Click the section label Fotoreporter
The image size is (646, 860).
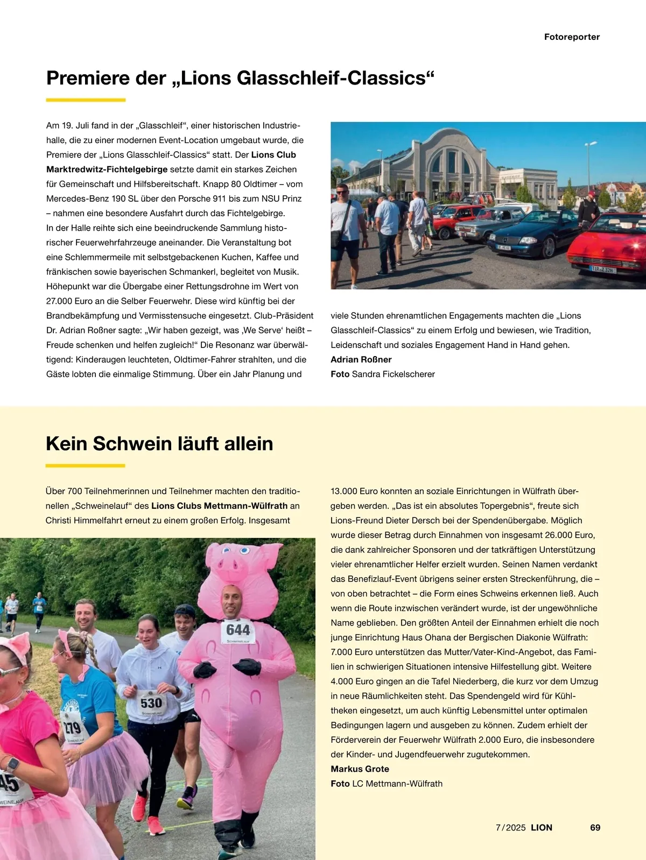(572, 37)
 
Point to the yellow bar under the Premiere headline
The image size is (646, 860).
(86, 100)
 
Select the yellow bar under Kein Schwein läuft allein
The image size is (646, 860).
(85, 465)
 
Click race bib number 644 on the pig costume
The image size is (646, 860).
(238, 630)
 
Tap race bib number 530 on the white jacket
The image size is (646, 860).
(151, 703)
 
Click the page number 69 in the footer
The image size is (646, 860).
(595, 828)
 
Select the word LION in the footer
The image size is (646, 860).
(542, 828)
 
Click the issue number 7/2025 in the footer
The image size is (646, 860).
(510, 828)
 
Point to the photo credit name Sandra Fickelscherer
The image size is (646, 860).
(393, 374)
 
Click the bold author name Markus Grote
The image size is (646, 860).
(360, 769)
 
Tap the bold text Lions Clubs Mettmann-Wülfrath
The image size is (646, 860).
(219, 506)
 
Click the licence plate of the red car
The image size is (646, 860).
(602, 269)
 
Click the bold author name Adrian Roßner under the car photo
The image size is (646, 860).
(361, 360)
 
